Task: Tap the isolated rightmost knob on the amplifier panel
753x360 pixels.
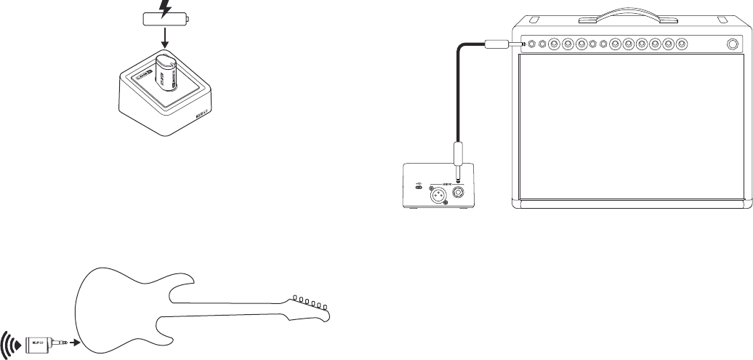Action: coord(732,44)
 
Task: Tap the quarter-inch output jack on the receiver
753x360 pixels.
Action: coord(460,193)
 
